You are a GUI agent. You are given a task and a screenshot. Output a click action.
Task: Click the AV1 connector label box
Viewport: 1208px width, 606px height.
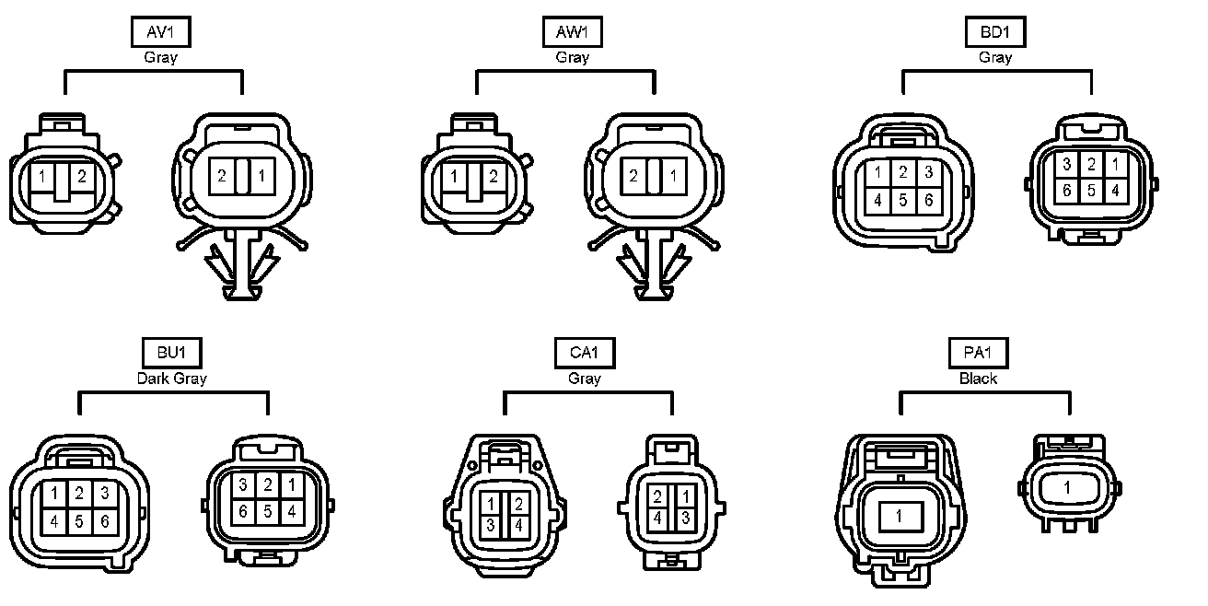(160, 33)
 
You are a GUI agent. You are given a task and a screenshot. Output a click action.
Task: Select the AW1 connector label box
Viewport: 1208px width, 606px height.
(572, 33)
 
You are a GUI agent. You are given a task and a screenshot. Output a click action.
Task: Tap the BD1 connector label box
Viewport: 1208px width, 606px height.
(995, 33)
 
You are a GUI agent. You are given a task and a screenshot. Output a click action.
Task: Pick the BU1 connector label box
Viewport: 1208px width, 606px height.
(172, 353)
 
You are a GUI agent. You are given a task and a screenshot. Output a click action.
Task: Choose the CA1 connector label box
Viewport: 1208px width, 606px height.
(585, 353)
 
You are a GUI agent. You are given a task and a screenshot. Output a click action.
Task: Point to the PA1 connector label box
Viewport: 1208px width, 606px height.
(978, 353)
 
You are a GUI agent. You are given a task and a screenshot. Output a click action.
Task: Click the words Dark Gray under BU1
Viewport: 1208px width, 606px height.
(172, 378)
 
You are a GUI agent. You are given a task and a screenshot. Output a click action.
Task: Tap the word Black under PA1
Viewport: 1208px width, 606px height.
(978, 378)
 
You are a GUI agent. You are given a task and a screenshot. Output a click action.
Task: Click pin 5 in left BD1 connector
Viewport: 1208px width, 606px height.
(903, 199)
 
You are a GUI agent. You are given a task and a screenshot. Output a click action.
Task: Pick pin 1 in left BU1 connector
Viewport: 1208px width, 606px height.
(55, 493)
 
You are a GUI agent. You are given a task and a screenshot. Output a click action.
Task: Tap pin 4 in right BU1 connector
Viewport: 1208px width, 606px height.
(290, 510)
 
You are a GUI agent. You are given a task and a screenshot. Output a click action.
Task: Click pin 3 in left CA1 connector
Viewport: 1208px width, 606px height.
(492, 524)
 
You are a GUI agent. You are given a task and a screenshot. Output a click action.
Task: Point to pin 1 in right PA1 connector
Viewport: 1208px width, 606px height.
(1067, 487)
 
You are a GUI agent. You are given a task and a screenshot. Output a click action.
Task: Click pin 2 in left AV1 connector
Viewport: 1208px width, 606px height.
(81, 175)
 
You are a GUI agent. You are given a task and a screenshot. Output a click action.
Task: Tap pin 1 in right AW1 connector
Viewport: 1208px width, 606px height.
(675, 175)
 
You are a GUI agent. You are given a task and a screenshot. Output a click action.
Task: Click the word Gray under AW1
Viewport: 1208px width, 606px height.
(572, 57)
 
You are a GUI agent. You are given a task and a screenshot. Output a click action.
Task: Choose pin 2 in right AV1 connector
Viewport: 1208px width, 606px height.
(222, 175)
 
